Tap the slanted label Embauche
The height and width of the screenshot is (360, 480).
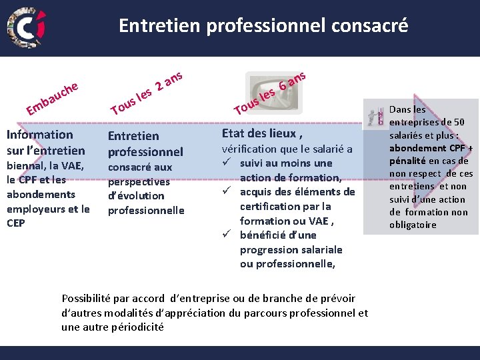click(x=53, y=97)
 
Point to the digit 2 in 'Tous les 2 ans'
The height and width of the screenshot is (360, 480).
click(x=159, y=86)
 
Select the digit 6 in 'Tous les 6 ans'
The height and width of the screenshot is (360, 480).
click(x=283, y=85)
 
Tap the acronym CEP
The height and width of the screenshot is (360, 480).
click(x=16, y=223)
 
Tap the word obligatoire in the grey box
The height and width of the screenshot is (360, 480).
click(x=413, y=225)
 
